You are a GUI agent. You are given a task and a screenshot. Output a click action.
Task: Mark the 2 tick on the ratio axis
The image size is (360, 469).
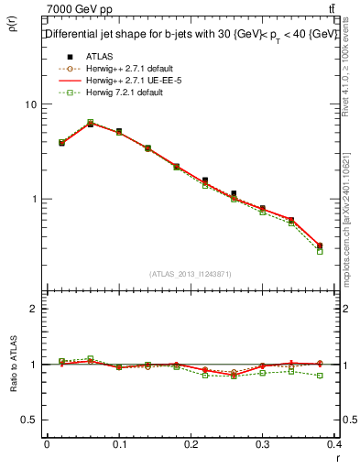click(32, 309)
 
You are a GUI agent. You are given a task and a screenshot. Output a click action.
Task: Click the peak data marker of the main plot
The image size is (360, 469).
click(90, 123)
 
